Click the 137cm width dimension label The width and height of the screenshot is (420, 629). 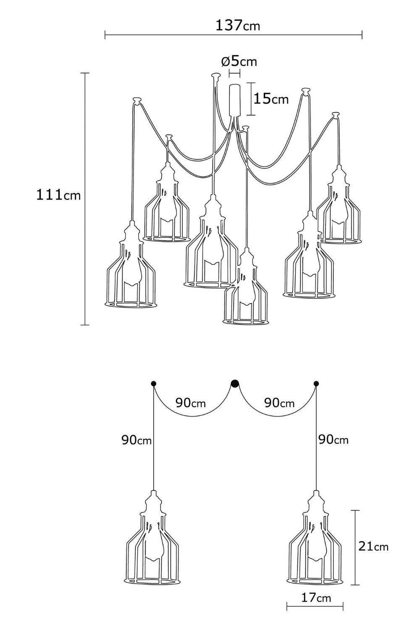(238, 26)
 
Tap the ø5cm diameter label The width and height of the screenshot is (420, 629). (239, 62)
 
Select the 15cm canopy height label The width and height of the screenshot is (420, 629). (271, 99)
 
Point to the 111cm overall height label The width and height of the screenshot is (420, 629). (58, 195)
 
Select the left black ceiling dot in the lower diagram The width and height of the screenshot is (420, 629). (153, 383)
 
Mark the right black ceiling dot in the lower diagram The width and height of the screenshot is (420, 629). (316, 383)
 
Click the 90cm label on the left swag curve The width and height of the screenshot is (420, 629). (191, 403)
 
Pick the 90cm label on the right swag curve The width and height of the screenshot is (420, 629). (279, 403)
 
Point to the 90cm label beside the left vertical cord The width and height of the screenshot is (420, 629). (136, 440)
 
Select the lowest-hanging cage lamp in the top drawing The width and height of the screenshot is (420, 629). (246, 286)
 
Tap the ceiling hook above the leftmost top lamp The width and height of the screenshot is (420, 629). (137, 100)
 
